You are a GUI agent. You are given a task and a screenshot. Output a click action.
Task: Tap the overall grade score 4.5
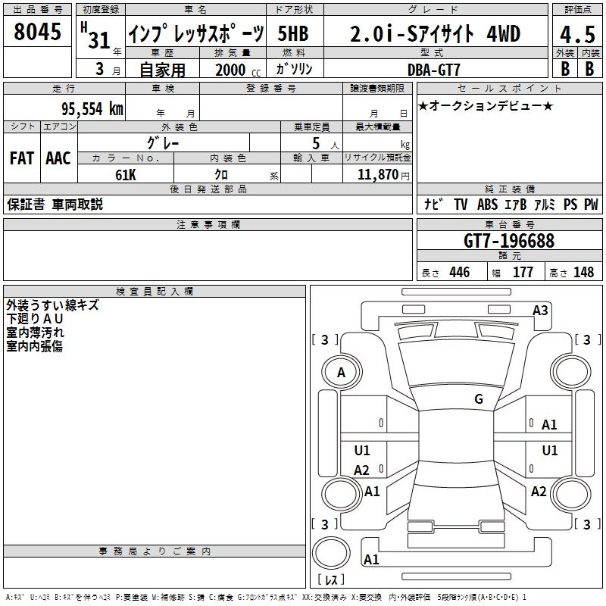[576, 34]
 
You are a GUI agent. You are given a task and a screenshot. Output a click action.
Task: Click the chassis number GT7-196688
[508, 242]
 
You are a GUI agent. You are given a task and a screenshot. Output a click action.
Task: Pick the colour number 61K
[126, 175]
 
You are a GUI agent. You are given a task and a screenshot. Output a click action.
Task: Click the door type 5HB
[293, 34]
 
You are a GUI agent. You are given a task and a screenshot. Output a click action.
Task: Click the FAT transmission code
[21, 158]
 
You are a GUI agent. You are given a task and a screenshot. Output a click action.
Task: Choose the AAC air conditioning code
[58, 158]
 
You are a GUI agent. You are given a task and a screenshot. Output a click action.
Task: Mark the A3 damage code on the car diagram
[540, 310]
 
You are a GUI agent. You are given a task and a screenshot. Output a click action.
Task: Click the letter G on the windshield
[479, 399]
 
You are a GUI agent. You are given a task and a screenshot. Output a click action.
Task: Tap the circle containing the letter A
[342, 373]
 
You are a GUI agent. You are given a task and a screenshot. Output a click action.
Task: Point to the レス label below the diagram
[331, 580]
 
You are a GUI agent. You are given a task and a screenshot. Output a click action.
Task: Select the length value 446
[459, 273]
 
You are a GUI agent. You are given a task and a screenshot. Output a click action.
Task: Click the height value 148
[583, 273]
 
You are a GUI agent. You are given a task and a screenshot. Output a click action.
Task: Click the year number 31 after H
[99, 40]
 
